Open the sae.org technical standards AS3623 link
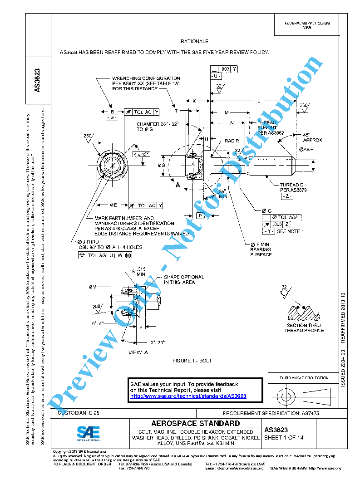point(188,396)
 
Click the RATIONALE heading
point(194,41)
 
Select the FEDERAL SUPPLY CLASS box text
point(307,25)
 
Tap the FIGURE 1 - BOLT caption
point(192,361)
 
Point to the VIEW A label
point(138,352)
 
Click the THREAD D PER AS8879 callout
point(292,188)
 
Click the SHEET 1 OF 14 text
point(284,438)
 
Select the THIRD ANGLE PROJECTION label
point(304,378)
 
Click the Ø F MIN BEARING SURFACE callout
point(261,249)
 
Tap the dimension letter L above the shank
point(259,101)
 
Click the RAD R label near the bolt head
point(232,141)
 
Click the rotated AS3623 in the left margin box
point(38,80)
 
